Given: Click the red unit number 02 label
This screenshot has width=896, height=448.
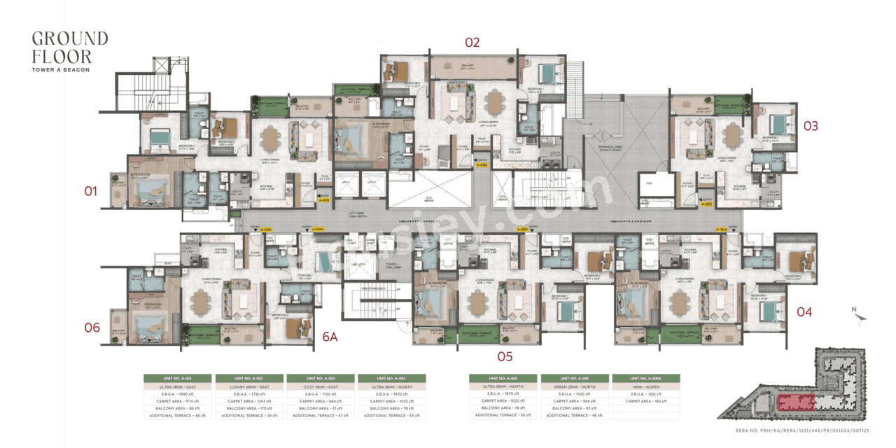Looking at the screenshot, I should [x=472, y=43].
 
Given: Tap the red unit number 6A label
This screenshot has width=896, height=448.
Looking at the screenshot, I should [x=330, y=337].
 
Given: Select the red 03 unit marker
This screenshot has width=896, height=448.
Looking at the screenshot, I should [x=811, y=126].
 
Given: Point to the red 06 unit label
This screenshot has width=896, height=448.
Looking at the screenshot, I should [x=92, y=328].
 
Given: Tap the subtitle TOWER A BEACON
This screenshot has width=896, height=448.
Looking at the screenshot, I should [x=61, y=69].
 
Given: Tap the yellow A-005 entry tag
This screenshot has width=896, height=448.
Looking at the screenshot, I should [x=521, y=229].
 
